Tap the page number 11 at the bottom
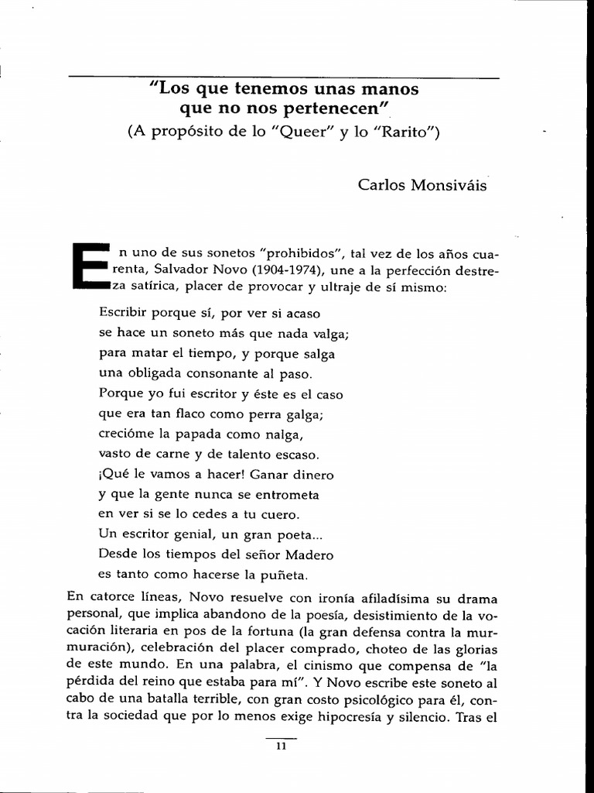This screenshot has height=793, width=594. click(281, 747)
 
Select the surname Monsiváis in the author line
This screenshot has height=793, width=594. click(452, 186)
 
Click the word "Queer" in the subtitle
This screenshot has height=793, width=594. click(319, 132)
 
